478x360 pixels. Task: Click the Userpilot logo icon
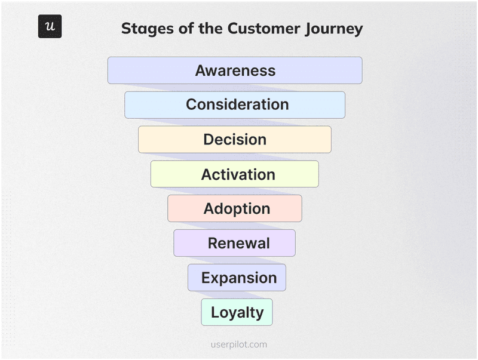(50, 26)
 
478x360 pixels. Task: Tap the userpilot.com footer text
(239, 344)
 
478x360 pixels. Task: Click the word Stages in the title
(143, 29)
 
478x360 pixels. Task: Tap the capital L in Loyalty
(215, 312)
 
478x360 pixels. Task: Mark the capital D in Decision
(209, 140)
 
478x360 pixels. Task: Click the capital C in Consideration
(191, 104)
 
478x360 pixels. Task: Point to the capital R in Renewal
(213, 244)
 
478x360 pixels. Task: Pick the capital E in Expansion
(206, 278)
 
